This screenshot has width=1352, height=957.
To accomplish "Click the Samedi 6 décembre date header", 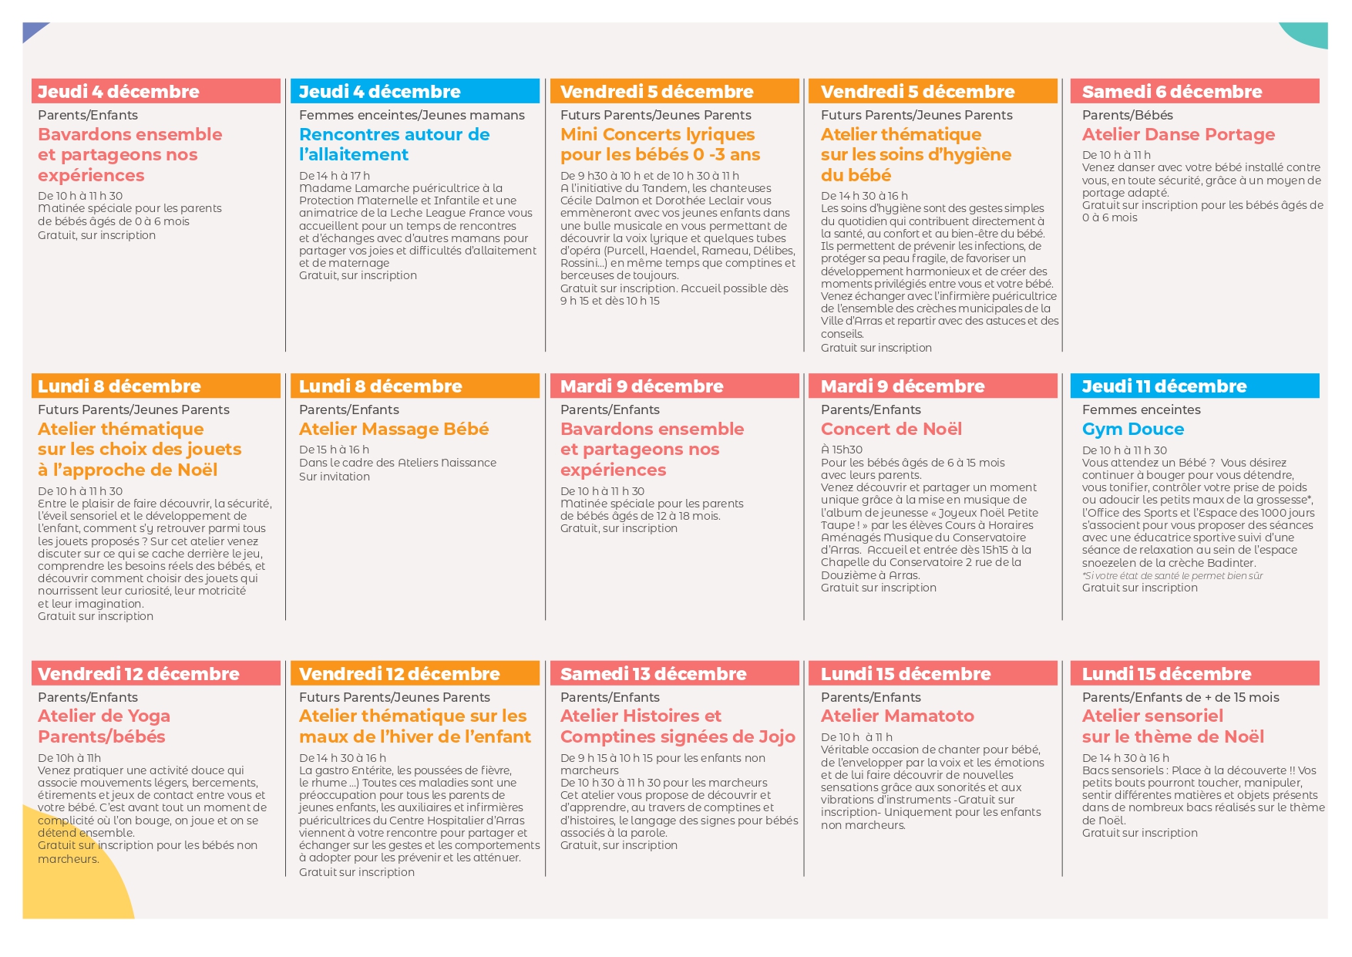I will click(x=1172, y=91).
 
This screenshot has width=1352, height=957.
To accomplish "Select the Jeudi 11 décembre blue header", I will click(x=1164, y=386).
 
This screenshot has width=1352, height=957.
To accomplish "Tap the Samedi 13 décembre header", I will click(x=653, y=673).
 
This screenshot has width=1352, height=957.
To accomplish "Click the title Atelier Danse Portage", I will click(x=1178, y=134).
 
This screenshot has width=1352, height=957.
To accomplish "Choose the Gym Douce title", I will click(x=1132, y=429).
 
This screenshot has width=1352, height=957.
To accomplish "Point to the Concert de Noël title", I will click(x=891, y=429).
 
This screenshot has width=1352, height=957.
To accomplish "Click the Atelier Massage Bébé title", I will click(x=394, y=429).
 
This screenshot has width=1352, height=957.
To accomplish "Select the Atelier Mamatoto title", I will click(x=897, y=716).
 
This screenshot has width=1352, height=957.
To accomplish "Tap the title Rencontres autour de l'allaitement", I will click(x=394, y=144).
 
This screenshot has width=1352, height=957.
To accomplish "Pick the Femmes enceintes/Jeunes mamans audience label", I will click(x=412, y=115).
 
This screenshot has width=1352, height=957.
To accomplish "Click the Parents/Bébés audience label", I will click(x=1127, y=115).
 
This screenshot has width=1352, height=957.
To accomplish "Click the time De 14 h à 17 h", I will click(x=335, y=176).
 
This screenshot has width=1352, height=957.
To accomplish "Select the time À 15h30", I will click(x=841, y=450).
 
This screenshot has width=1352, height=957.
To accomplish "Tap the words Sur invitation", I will click(x=335, y=477).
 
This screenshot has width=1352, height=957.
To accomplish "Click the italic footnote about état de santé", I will click(x=1172, y=575).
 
